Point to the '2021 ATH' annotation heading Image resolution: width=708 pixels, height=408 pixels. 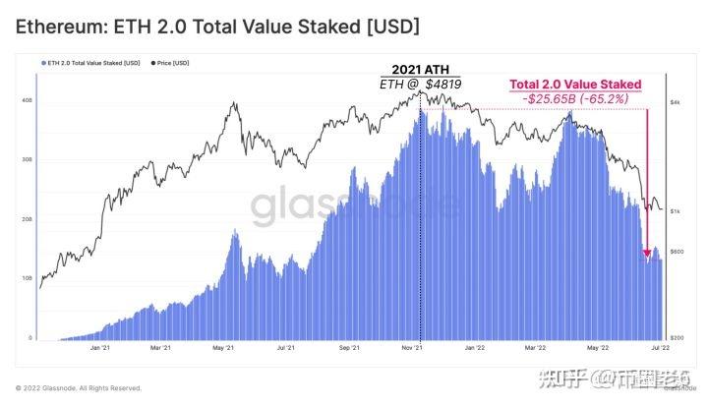[420, 70]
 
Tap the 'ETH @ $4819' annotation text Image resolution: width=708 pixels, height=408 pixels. [420, 85]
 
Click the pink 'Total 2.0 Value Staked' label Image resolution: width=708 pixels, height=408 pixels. [575, 86]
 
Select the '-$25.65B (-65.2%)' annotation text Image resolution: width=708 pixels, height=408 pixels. [575, 99]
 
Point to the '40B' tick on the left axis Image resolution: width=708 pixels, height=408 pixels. [27, 100]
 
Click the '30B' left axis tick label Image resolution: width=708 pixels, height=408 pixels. [27, 159]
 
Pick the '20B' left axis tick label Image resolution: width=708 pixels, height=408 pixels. [27, 219]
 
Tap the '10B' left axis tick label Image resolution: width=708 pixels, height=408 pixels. [27, 278]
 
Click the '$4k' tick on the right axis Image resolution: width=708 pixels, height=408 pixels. [677, 101]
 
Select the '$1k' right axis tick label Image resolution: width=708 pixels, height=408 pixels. [677, 210]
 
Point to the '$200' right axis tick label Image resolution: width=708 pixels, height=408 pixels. [678, 337]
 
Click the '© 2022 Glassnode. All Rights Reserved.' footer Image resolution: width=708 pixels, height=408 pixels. [79, 388]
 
